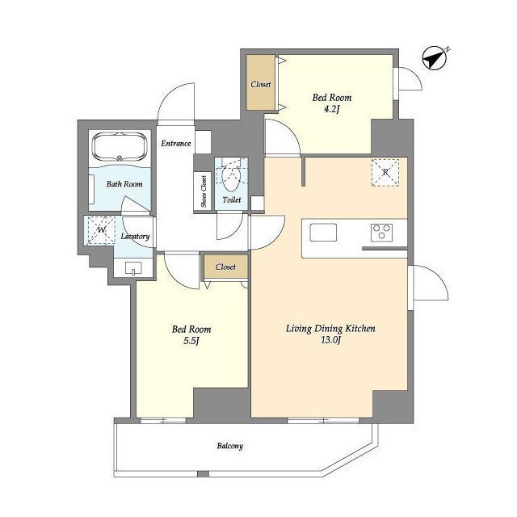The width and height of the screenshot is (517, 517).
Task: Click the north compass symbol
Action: pyautogui.click(x=435, y=57)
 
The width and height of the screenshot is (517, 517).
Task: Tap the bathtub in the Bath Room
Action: pyautogui.click(x=119, y=146)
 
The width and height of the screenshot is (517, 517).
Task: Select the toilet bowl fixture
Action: pyautogui.click(x=231, y=177)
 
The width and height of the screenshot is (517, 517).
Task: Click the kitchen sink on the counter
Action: pyautogui.click(x=323, y=232)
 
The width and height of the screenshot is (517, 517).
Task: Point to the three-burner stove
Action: pyautogui.click(x=382, y=232)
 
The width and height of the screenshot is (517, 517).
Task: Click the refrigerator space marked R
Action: pyautogui.click(x=385, y=172)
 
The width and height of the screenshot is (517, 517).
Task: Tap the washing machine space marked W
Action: pyautogui.click(x=101, y=230)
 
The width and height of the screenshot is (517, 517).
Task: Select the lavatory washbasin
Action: pyautogui.click(x=133, y=268)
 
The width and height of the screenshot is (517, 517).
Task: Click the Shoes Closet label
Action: pyautogui.click(x=204, y=191)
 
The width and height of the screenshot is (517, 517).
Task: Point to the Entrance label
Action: pyautogui.click(x=176, y=144)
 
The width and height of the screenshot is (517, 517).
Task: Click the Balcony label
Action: pyautogui.click(x=229, y=446)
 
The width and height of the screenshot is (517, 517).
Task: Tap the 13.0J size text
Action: pyautogui.click(x=330, y=339)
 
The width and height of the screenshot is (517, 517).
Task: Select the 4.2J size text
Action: pyautogui.click(x=331, y=109)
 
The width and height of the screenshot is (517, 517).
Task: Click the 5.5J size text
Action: pyautogui.click(x=191, y=340)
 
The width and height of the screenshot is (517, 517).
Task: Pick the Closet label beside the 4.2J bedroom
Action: pyautogui.click(x=261, y=84)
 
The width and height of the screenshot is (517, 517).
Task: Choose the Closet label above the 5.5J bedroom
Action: pyautogui.click(x=225, y=267)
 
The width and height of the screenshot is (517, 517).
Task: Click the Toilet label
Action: pyautogui.click(x=232, y=200)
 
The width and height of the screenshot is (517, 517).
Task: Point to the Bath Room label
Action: pyautogui.click(x=124, y=184)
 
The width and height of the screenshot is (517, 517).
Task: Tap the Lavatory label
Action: pyautogui.click(x=135, y=237)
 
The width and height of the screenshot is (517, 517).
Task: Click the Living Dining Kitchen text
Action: pyautogui.click(x=330, y=329)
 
